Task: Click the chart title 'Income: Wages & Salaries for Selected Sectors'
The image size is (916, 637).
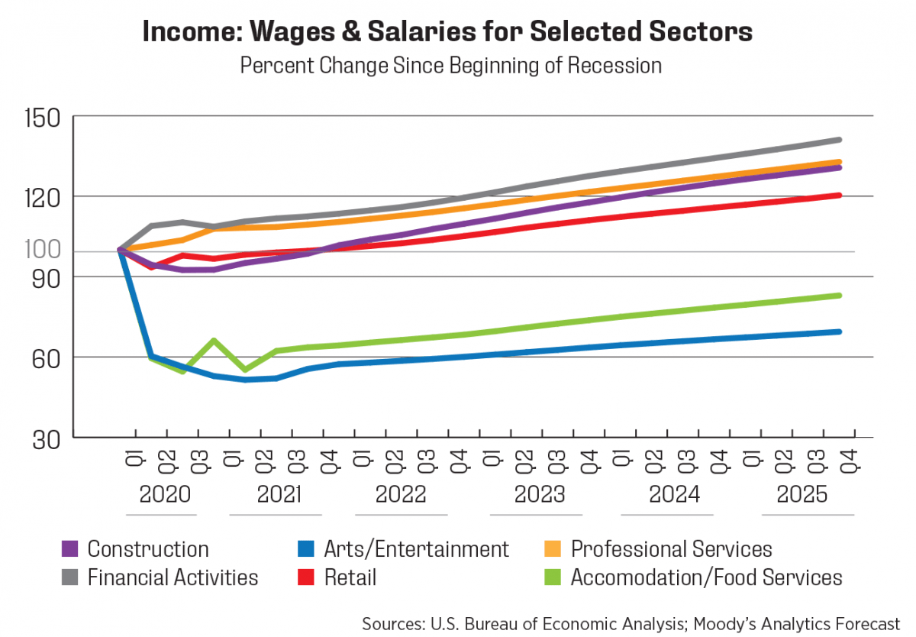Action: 448,32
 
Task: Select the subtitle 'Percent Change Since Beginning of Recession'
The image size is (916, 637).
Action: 450,66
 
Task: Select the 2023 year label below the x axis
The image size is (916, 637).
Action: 540,495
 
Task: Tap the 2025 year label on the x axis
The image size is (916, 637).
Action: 801,495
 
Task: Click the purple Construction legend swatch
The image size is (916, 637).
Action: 69,549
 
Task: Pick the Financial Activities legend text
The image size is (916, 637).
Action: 173,577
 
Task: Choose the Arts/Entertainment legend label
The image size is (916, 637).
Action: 416,549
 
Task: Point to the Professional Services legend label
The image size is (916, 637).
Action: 671,549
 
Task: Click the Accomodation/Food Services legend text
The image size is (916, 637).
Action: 706,577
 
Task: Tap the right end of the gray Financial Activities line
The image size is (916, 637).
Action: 839,140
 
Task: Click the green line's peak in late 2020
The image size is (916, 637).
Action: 214,340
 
